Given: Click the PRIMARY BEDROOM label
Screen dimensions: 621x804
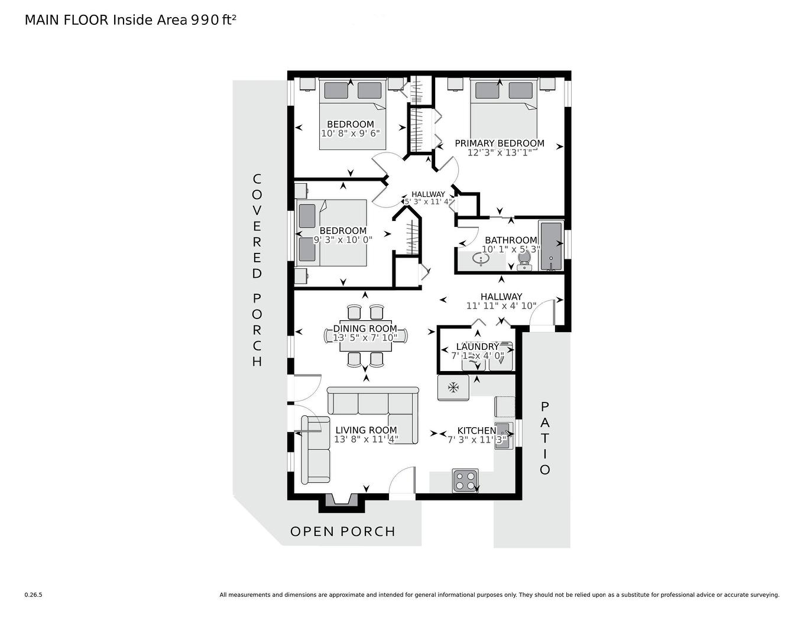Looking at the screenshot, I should pos(499,143).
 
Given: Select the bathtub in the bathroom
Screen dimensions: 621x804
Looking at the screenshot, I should pos(551,246).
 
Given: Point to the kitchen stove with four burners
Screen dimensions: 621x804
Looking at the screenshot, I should pos(465,480).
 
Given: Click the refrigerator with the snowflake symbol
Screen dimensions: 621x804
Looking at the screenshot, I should pos(453,388).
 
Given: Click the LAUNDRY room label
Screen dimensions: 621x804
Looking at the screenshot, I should pos(477,346).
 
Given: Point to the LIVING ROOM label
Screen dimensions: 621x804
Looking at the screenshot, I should pos(366,430).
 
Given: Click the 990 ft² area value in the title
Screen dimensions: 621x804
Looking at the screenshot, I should pos(213,20).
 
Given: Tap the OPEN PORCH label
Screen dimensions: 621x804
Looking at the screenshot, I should pos(342,531).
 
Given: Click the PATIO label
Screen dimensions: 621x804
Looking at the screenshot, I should pos(544,438).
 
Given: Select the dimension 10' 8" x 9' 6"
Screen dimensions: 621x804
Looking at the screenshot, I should pos(350,134).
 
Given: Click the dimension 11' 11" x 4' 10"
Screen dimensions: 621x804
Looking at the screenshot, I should pos(501,306).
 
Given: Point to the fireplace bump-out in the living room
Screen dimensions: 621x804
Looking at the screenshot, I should pos(341,502).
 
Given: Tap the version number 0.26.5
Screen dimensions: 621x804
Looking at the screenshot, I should pos(33,595).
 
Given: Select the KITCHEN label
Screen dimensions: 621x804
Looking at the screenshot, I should pos(476,431).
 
